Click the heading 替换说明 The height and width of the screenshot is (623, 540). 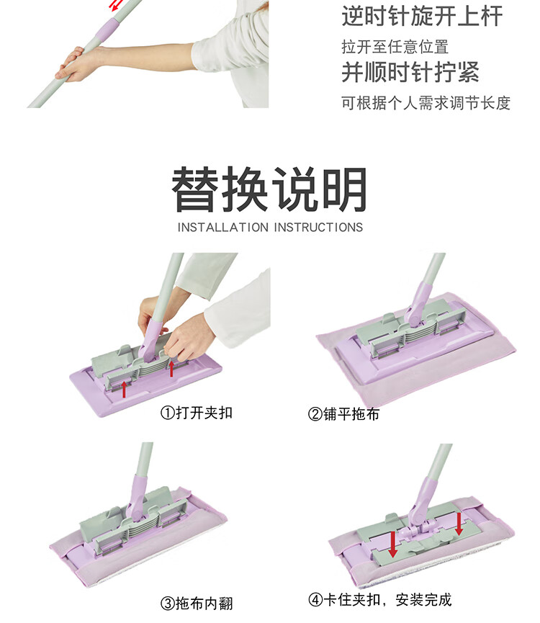[269, 189]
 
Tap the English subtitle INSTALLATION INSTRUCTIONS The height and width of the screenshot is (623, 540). [270, 228]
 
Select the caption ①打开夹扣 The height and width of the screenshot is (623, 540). [196, 413]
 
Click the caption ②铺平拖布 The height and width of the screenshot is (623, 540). [343, 414]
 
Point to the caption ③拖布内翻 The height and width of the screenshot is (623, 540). [197, 603]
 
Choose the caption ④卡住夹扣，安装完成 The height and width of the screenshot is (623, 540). [380, 599]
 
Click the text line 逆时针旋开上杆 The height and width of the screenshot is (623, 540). [422, 16]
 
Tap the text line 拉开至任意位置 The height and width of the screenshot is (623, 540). [395, 47]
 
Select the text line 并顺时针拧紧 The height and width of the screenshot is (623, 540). [410, 72]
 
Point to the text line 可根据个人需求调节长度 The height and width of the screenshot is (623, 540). [426, 103]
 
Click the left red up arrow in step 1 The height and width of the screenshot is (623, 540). [124, 389]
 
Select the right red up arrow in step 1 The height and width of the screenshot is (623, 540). [171, 368]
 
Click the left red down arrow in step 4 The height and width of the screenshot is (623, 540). [393, 544]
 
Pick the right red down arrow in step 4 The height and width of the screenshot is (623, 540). [459, 524]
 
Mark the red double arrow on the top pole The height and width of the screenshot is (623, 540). [116, 5]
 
